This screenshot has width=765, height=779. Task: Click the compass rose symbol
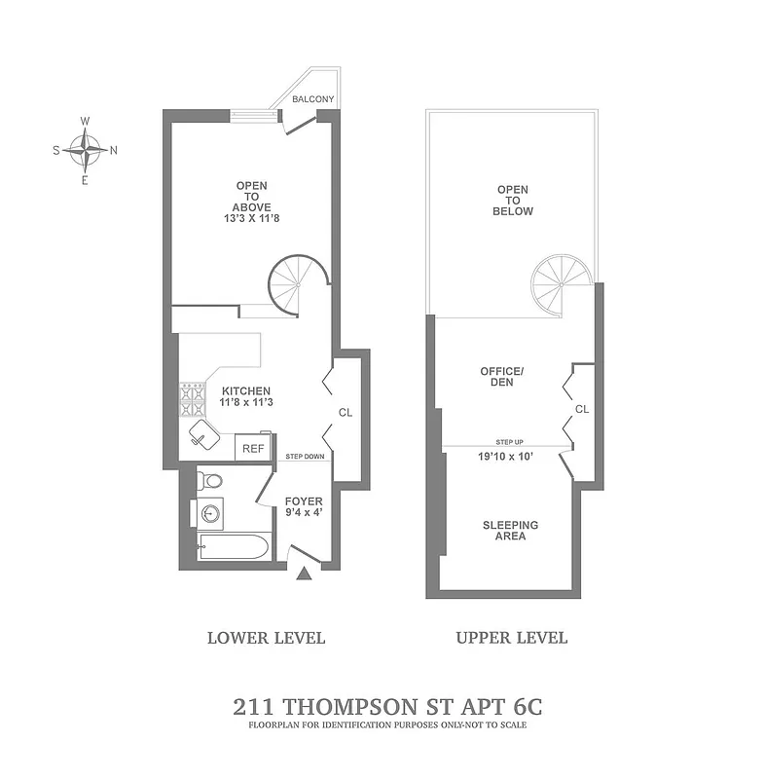86,150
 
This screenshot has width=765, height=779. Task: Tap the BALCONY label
313,99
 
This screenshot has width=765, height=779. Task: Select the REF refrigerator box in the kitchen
253,449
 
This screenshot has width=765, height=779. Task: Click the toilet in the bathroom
210,481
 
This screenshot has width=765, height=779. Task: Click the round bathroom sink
208,513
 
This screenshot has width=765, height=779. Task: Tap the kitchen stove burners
192,398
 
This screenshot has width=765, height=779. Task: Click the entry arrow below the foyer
304,575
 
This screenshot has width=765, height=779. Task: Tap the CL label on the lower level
345,413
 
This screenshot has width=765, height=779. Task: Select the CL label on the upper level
582,409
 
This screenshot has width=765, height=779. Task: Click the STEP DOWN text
305,457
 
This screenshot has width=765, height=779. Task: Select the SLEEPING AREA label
510,531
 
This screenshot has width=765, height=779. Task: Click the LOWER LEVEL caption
266,638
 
